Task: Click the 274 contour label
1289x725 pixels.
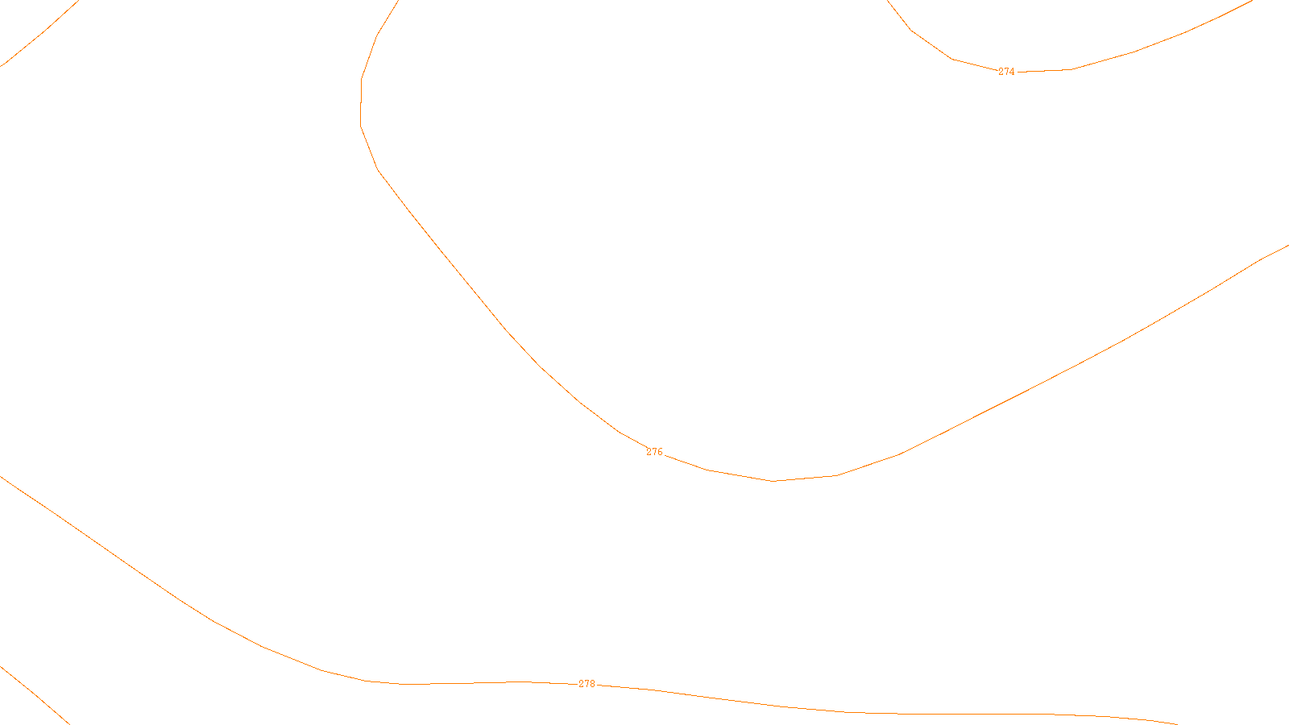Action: [1006, 72]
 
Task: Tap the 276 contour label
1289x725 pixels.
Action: [654, 453]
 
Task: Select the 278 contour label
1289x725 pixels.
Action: [586, 685]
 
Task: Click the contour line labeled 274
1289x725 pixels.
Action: [1134, 52]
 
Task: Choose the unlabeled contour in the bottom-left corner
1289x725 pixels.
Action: [32, 693]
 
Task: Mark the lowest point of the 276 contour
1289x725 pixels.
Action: [773, 481]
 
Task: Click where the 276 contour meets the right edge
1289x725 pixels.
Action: [1287, 246]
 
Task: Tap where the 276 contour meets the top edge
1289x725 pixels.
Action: [398, 1]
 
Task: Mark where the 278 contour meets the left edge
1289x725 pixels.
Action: [1, 477]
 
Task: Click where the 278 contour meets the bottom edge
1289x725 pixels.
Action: [1176, 723]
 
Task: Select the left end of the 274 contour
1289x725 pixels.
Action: [888, 1]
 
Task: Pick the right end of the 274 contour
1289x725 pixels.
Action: [1253, 1]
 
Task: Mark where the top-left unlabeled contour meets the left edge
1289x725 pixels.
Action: [1, 65]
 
